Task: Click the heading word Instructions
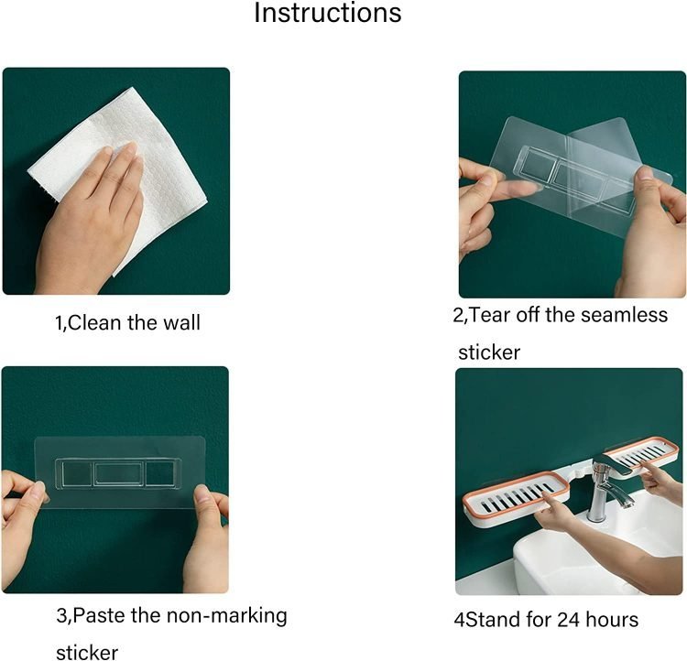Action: point(328,13)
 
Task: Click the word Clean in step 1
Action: point(94,323)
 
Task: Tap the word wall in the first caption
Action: point(182,323)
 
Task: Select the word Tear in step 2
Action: point(489,315)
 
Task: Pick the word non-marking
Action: point(227,616)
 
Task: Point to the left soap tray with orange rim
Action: point(517,499)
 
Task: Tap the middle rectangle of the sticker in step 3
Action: point(119,473)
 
